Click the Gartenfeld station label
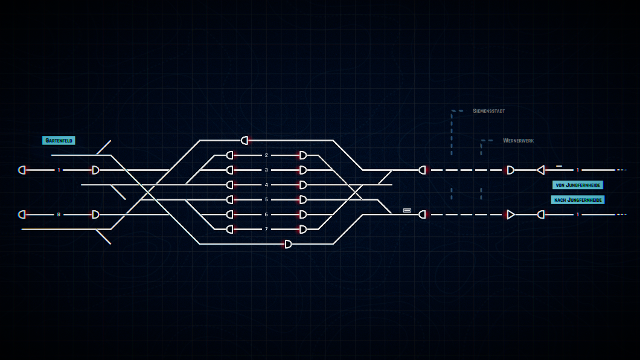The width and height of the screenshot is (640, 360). (59, 140)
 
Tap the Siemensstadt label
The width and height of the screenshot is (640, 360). (488, 111)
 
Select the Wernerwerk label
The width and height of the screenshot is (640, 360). (519, 140)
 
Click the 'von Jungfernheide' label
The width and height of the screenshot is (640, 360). (578, 185)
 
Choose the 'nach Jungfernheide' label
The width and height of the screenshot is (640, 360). (578, 199)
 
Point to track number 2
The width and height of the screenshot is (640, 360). (266, 155)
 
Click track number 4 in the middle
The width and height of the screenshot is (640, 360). (266, 185)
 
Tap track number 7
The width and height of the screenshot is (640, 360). (266, 230)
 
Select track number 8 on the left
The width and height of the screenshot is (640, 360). (59, 214)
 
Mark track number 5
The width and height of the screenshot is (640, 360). (266, 199)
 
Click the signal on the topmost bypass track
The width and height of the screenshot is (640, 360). (245, 140)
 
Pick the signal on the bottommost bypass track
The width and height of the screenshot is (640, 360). (288, 244)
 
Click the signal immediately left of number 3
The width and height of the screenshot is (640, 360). (230, 170)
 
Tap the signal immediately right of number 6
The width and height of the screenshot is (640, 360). (303, 214)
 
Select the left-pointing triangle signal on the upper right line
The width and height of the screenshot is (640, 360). (541, 170)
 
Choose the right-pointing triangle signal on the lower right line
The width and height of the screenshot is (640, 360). (510, 214)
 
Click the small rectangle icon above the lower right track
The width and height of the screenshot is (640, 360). (407, 210)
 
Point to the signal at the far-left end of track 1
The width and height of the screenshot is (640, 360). (22, 170)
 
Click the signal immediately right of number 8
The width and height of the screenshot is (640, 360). (95, 214)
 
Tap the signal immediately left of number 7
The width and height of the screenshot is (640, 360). (230, 230)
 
